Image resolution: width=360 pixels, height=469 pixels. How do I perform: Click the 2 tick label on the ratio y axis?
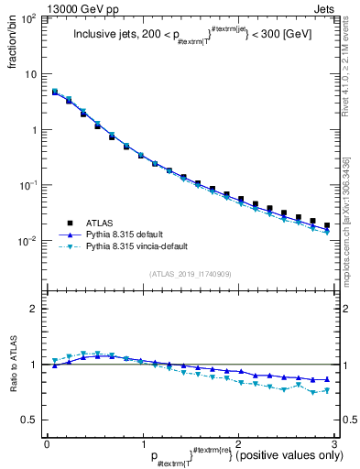click(x=34, y=309)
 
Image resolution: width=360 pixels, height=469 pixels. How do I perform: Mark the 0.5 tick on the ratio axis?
click(x=29, y=420)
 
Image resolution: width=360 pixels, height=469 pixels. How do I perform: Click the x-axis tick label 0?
click(x=47, y=443)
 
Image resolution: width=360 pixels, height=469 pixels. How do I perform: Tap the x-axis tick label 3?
click(x=334, y=443)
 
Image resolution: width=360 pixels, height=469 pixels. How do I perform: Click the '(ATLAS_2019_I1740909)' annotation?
click(x=191, y=274)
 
